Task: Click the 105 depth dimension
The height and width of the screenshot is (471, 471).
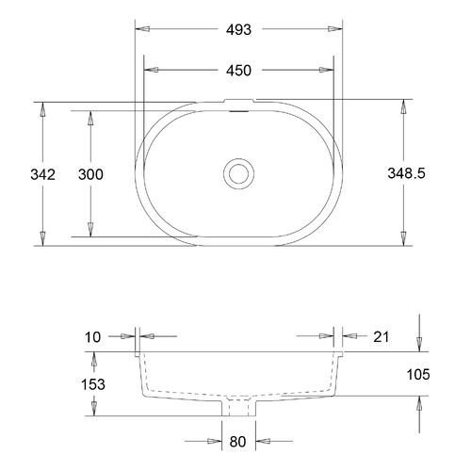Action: pyautogui.click(x=418, y=374)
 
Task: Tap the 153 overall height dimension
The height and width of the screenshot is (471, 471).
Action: pyautogui.click(x=92, y=384)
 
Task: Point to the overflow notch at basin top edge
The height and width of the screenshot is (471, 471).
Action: pyautogui.click(x=239, y=103)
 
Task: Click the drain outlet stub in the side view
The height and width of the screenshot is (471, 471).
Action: pyautogui.click(x=238, y=407)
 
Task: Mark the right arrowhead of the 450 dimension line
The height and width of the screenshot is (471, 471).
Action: pyautogui.click(x=331, y=70)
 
